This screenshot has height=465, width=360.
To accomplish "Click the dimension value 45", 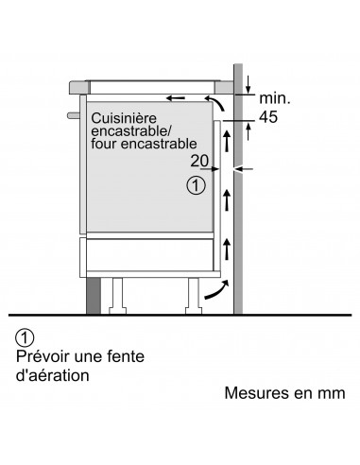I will (269, 116).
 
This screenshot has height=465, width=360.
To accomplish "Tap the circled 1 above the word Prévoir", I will (26, 338).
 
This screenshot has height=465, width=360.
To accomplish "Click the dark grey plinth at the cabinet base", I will (94, 294).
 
